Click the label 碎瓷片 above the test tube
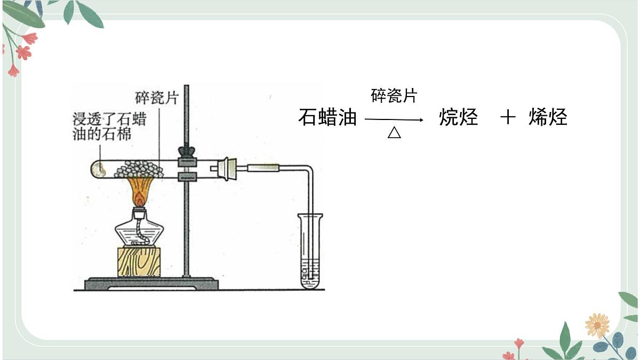(157, 98)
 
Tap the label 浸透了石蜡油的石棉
(109, 126)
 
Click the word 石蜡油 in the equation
(327, 117)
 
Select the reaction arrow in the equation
(394, 119)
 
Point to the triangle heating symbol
(394, 132)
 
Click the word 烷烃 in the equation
(459, 117)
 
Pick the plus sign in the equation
(508, 117)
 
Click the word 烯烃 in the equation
(548, 117)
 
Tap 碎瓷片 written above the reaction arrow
(394, 95)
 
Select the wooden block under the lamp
(139, 262)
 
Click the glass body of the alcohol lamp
(139, 231)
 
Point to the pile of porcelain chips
(139, 169)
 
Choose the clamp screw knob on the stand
(187, 151)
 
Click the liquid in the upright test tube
(310, 274)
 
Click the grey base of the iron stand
(151, 284)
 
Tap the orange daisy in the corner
(597, 326)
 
